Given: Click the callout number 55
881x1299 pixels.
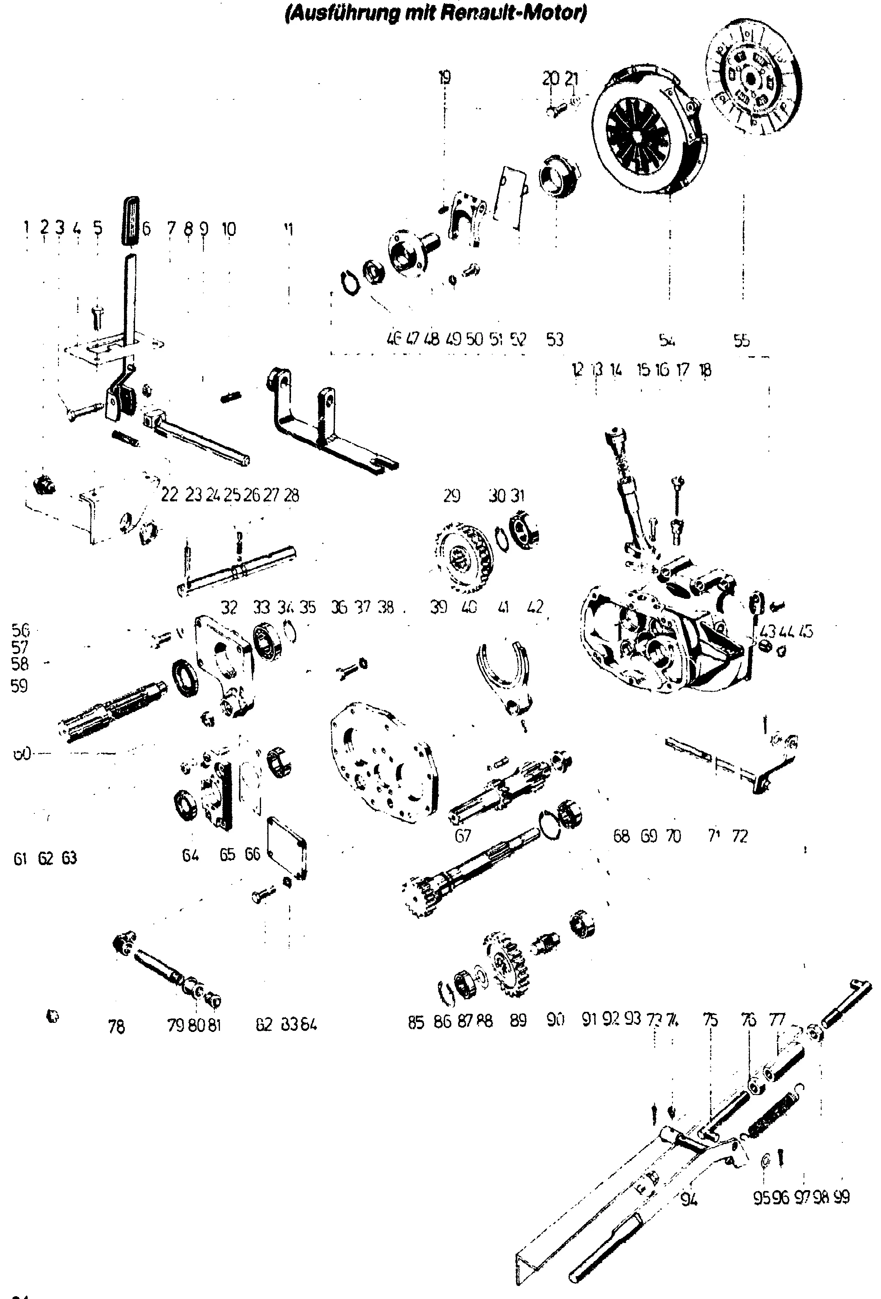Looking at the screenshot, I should pos(741,340).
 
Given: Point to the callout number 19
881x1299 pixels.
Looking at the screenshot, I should pos(444,77).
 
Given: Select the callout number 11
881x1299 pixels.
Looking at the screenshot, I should pos(289,229).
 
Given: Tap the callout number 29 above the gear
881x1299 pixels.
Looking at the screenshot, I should pos(451,495).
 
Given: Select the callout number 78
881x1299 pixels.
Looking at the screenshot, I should pos(116,1027).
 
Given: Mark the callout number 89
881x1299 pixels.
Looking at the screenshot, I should pos(518,1020).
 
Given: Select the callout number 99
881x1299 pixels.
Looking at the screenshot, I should pos(841,1198).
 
